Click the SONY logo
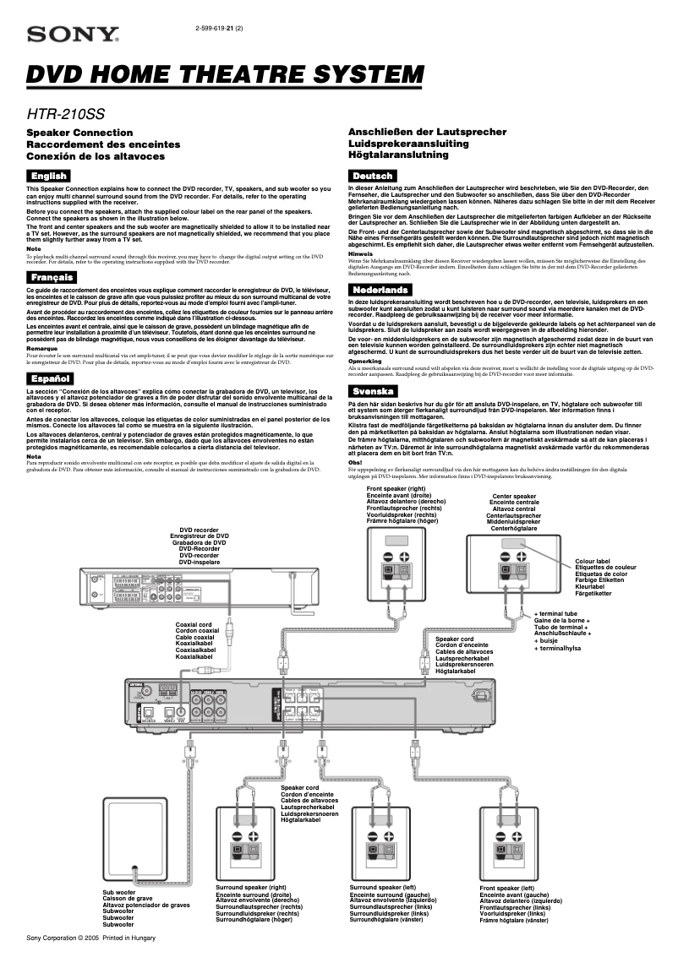pos(73,35)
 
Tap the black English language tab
pos(47,175)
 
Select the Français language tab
pos(50,277)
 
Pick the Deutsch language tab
pos(372,175)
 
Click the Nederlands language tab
pos(380,290)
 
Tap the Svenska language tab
pos(373,391)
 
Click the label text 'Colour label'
pos(593,561)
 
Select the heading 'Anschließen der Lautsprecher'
pos(428,133)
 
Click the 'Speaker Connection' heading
pos(79,133)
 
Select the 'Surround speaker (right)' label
pos(251,888)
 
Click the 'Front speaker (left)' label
pos(507,889)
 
